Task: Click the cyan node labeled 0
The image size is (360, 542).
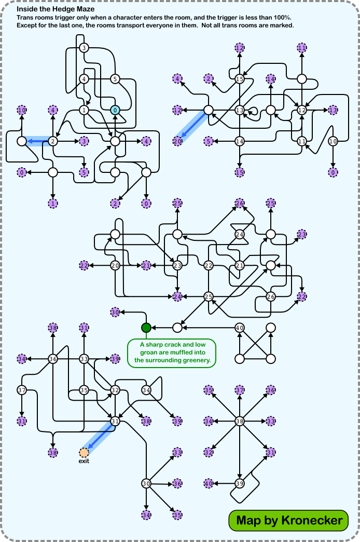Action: pos(115,110)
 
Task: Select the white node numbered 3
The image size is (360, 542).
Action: pos(84,48)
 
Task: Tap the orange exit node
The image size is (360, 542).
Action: pos(84,453)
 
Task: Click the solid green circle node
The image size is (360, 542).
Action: pos(146,328)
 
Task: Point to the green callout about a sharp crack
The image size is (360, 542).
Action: pos(172,354)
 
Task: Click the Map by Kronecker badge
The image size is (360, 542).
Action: pos(289,520)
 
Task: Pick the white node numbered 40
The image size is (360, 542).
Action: pos(240,328)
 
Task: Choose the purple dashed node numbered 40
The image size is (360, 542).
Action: pos(209,484)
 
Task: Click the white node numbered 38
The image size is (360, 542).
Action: pos(240,422)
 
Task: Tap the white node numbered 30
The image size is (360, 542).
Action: pos(146,483)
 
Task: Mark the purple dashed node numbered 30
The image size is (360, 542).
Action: pos(115,312)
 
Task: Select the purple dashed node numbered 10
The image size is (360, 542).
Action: pos(22,110)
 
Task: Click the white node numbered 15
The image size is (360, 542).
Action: pos(240,79)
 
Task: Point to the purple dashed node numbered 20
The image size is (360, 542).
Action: pos(177,141)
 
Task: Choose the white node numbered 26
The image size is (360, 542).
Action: pos(271,296)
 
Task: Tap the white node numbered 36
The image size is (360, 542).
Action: pos(53,359)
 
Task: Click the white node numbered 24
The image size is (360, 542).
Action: pos(240,234)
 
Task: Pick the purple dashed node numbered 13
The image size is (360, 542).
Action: pos(333,110)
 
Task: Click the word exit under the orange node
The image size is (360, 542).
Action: pos(84,462)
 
